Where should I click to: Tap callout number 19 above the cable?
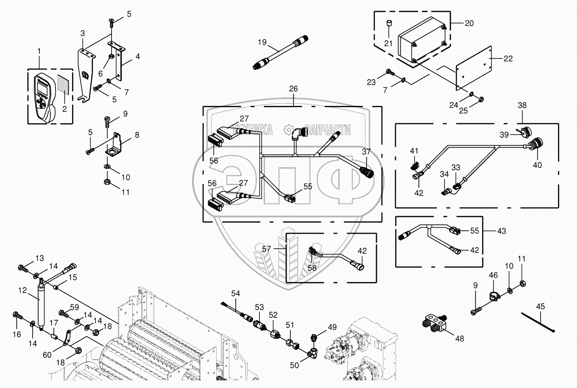[262, 42]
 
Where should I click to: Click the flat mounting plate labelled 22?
[474, 68]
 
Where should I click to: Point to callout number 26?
[293, 89]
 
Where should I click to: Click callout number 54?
[235, 294]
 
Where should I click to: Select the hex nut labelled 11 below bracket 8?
[107, 182]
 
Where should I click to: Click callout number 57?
[266, 249]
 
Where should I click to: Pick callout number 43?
[502, 231]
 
